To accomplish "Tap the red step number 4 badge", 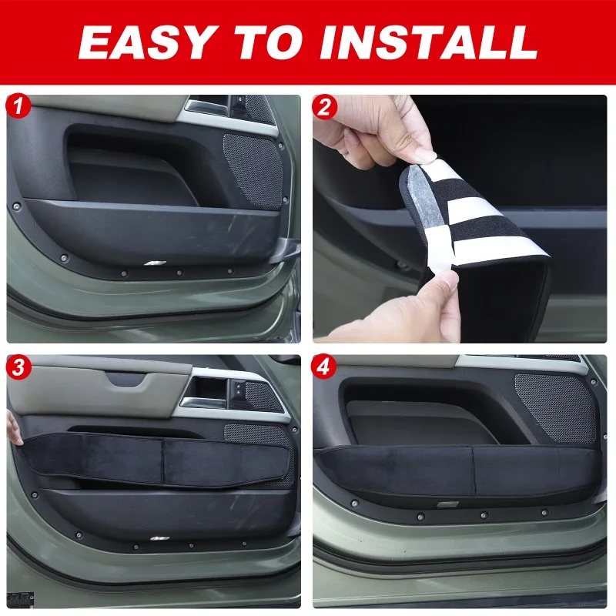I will pyautogui.click(x=324, y=367).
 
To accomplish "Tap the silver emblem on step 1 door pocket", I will pyautogui.click(x=155, y=263).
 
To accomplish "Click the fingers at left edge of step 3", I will pyautogui.click(x=12, y=427).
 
